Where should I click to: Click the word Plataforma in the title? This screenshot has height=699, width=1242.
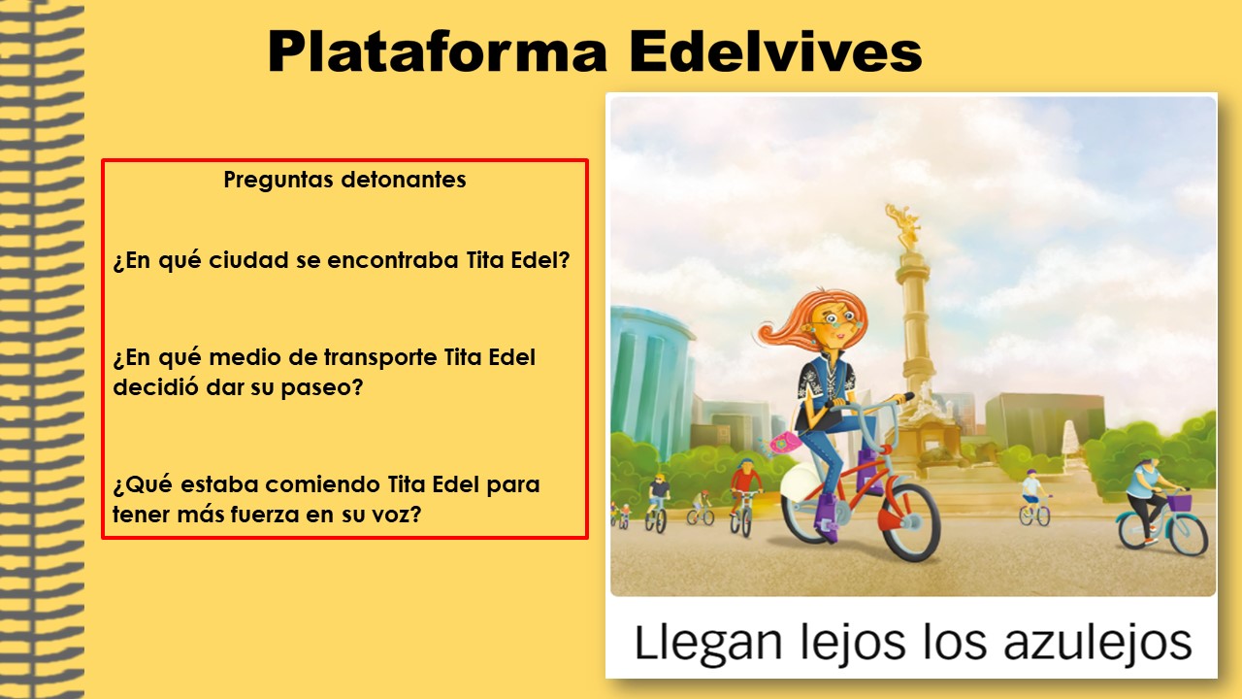point(438,51)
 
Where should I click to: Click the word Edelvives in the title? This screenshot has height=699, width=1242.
point(775,51)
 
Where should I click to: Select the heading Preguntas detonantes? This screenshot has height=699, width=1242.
point(344,180)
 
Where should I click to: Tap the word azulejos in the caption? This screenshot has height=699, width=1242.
point(1097,643)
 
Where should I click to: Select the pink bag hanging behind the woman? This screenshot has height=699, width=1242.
point(784,445)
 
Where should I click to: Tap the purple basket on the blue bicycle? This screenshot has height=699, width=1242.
point(1179,502)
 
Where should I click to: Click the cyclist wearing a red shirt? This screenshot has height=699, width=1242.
point(745,483)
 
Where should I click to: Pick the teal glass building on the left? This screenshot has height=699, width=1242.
point(649,382)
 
